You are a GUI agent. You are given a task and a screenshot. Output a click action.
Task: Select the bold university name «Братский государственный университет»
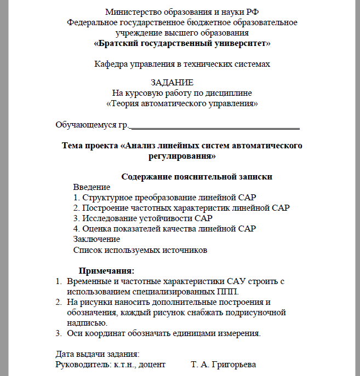pyautogui.click(x=182, y=43)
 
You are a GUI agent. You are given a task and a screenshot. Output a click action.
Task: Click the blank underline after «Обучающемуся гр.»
pyautogui.click(x=214, y=126)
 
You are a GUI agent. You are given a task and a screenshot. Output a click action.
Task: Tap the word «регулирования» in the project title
pyautogui.click(x=182, y=156)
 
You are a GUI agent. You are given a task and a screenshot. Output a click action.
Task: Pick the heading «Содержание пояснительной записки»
pyautogui.click(x=196, y=177)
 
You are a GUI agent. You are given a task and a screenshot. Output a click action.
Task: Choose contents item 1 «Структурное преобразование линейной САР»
pyautogui.click(x=164, y=197)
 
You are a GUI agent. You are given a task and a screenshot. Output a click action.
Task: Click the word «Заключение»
pyautogui.click(x=96, y=239)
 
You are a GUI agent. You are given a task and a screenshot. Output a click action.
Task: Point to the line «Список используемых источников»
pyautogui.click(x=140, y=250)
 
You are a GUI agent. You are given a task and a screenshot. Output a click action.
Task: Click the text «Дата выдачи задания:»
pyautogui.click(x=98, y=354)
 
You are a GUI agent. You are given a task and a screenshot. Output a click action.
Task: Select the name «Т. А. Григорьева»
pyautogui.click(x=223, y=364)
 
